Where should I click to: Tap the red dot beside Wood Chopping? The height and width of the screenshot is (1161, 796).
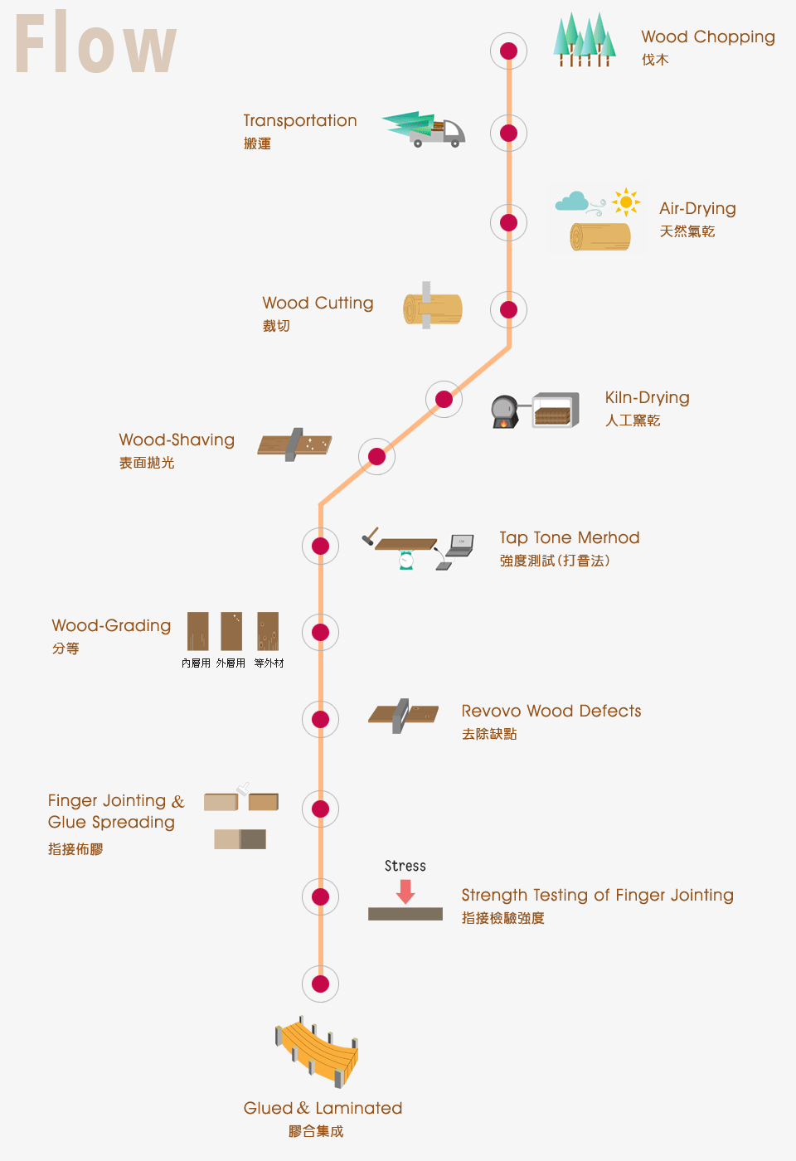508,51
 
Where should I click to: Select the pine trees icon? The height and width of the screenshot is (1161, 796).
585,40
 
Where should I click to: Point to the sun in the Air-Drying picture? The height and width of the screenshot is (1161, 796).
626,202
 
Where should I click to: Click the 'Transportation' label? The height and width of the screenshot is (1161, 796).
300,121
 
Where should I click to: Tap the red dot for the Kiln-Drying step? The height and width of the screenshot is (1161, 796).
444,400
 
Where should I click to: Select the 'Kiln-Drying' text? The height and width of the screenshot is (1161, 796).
647,398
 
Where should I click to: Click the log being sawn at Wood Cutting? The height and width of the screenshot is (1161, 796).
432,309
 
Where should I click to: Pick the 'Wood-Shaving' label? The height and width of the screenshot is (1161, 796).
177,440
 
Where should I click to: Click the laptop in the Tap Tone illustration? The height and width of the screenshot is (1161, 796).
460,546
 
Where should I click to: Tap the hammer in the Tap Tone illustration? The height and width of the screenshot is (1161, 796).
370,537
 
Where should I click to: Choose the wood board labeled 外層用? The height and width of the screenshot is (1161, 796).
231,632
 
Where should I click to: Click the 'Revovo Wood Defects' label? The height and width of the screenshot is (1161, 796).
551,712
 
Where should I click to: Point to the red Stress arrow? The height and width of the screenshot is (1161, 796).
405,891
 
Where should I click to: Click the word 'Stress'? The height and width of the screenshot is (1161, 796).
405,866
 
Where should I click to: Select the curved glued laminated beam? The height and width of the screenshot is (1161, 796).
319,1052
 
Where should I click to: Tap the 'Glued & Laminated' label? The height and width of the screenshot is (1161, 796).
323,1109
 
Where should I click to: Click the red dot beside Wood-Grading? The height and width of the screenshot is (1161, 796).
320,633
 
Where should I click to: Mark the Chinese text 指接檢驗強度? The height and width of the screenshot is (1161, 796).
502,918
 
